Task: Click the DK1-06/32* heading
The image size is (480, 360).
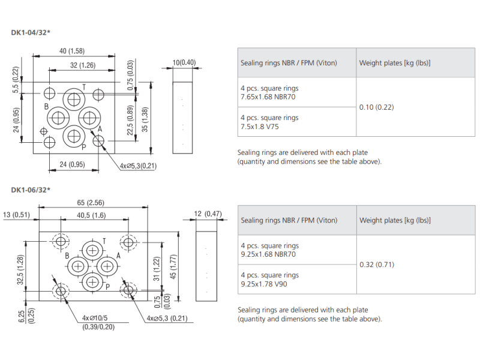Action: pyautogui.click(x=31, y=190)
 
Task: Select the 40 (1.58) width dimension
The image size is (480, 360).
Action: pyautogui.click(x=72, y=50)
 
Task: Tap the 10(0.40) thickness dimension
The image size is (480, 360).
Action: pyautogui.click(x=184, y=62)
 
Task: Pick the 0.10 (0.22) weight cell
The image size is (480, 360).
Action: pyautogui.click(x=376, y=107)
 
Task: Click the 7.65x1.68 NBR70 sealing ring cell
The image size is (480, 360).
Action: pyautogui.click(x=269, y=92)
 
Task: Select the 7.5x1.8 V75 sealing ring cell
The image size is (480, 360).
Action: pyautogui.click(x=269, y=122)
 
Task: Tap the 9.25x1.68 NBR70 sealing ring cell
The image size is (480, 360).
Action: pyautogui.click(x=269, y=250)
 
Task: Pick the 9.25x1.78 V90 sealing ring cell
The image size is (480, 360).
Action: pyautogui.click(x=269, y=280)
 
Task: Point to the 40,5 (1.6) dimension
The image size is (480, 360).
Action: pyautogui.click(x=91, y=215)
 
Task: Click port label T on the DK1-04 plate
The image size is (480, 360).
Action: pyautogui.click(x=84, y=88)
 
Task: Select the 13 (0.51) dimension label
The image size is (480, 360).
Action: pyautogui.click(x=16, y=215)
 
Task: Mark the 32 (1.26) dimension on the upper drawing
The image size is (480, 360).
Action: pyautogui.click(x=83, y=65)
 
